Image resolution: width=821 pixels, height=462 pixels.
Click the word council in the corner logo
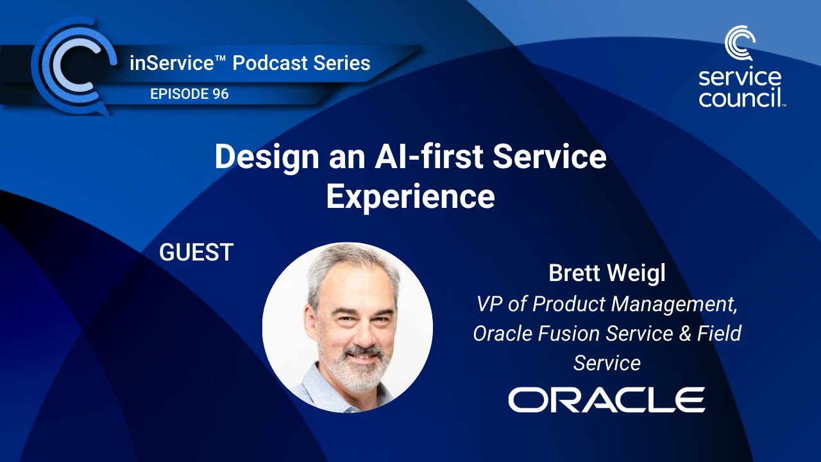tap(739, 98)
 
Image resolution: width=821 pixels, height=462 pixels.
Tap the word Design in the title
tap(259, 157)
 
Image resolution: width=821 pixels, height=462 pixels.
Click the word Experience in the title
tap(410, 197)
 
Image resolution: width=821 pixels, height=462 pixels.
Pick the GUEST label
tap(196, 252)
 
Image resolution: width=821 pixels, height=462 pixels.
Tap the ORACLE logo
tap(606, 400)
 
